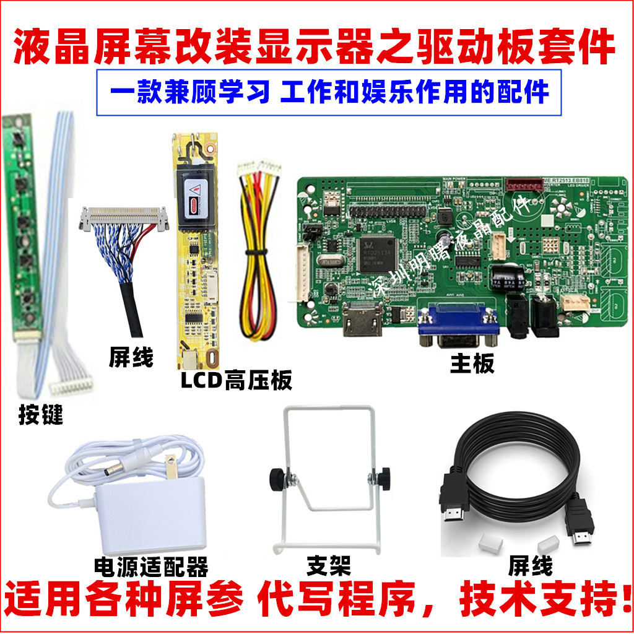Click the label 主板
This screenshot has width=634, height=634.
pos(472,363)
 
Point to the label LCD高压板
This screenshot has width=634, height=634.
pos(236,380)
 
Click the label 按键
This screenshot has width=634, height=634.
pos(41,415)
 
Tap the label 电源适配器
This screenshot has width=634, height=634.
pos(150,566)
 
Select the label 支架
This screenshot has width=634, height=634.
pos(328,565)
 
